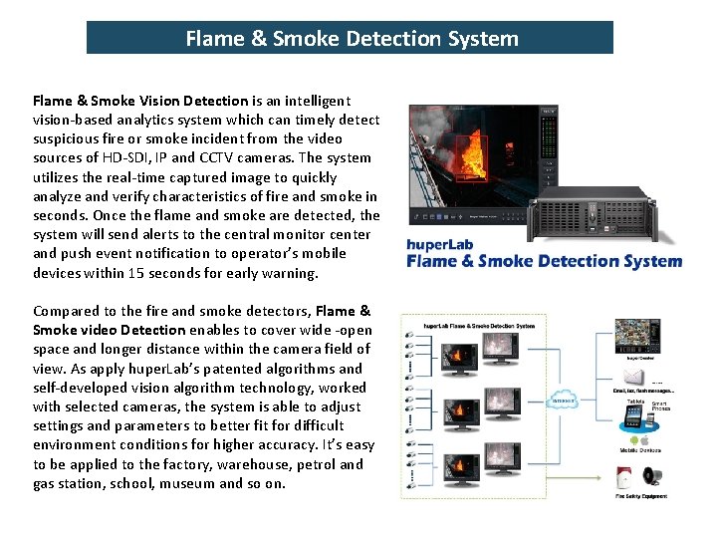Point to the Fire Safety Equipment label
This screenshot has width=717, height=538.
(x=641, y=496)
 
